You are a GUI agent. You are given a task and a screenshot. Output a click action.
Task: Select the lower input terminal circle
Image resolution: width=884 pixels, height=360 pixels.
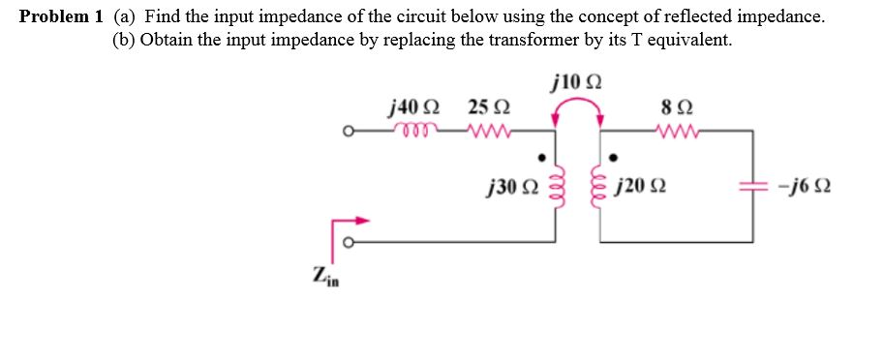tap(354, 244)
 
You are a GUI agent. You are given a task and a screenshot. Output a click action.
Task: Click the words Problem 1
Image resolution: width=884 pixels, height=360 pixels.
tap(62, 17)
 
